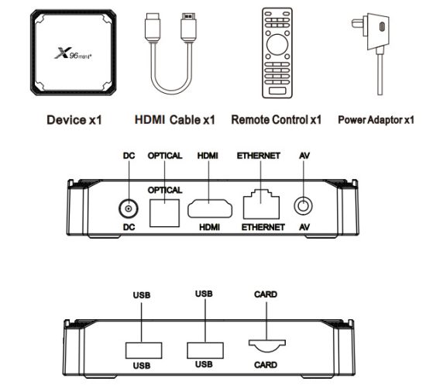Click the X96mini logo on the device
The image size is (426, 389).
coord(73,53)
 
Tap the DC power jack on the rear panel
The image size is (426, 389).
coord(129,208)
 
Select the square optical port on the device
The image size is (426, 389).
coord(165,213)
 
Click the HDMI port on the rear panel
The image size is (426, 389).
coord(210,208)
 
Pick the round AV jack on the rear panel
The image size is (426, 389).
coord(303,206)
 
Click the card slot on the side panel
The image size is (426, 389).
coord(266,346)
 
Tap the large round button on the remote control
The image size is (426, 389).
coord(277,45)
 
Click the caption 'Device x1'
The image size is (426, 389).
coord(74,120)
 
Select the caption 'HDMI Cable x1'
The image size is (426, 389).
coord(175,119)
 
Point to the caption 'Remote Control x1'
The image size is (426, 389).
coord(276,119)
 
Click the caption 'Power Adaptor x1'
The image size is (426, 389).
coord(376,120)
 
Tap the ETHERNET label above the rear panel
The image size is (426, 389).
coord(259,156)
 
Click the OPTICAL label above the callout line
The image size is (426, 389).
coord(165,156)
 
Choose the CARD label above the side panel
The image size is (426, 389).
coord(266,294)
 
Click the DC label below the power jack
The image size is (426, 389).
coord(129,227)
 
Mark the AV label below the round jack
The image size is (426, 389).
coord(304,227)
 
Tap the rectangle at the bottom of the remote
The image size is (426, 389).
coord(277,91)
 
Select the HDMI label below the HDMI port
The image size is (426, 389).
coord(209,227)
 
